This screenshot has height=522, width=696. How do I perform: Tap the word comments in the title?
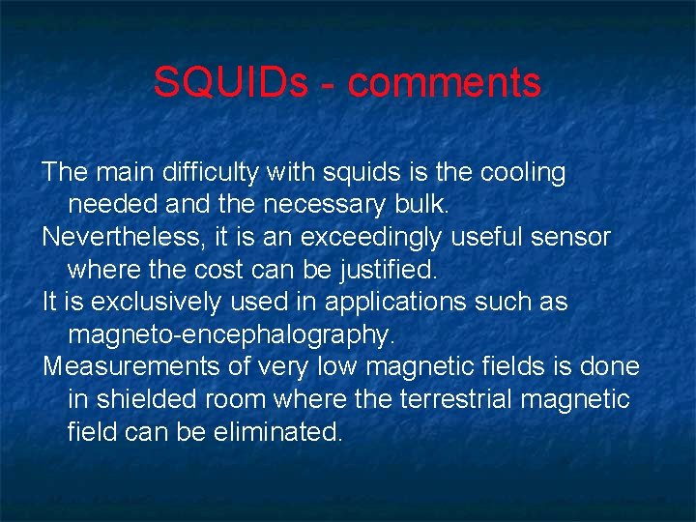coord(445,83)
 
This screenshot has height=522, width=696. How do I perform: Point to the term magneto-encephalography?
coord(232,334)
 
